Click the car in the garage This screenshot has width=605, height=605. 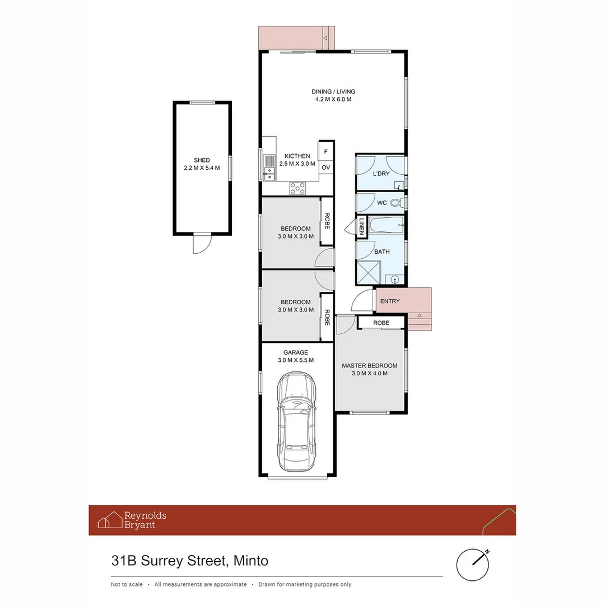[x=296, y=423]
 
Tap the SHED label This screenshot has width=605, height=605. [x=202, y=160]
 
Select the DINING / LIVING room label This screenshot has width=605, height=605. [x=333, y=92]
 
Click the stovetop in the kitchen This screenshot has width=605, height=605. [x=297, y=188]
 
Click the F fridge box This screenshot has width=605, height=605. [x=326, y=152]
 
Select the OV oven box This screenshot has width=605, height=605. [x=326, y=167]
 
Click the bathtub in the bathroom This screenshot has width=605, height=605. [x=387, y=225]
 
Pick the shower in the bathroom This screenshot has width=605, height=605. [x=369, y=273]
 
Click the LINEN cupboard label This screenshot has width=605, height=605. [x=361, y=226]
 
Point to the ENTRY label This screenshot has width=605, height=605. [x=390, y=301]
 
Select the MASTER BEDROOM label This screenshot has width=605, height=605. [x=369, y=366]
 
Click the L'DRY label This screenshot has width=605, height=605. [x=381, y=174]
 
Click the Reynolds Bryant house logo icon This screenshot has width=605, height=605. [x=110, y=520]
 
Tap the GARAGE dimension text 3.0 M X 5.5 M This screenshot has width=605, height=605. [x=295, y=360]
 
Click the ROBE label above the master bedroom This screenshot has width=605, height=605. [x=381, y=323]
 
